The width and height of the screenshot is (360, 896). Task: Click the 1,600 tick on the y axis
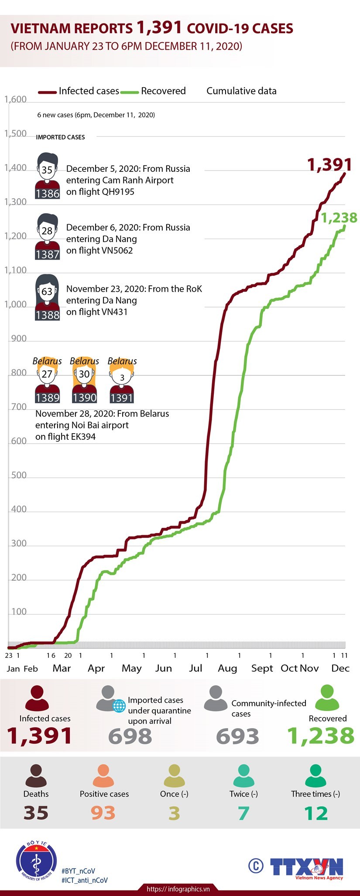pyautogui.click(x=16, y=99)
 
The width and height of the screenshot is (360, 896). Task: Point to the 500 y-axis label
pyautogui.click(x=19, y=475)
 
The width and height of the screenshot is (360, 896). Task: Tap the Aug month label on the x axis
pyautogui.click(x=227, y=668)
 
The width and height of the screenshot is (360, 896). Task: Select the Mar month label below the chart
pyautogui.click(x=62, y=668)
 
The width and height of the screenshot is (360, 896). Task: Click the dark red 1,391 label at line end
pyautogui.click(x=329, y=164)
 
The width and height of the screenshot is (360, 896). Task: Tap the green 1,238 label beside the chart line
pyautogui.click(x=339, y=217)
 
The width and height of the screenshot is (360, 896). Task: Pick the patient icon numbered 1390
pyautogui.click(x=84, y=380)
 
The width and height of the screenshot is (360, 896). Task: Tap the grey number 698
pyautogui.click(x=130, y=736)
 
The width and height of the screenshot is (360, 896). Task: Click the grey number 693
pyautogui.click(x=238, y=736)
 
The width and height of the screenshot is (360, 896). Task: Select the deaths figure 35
pyautogui.click(x=36, y=813)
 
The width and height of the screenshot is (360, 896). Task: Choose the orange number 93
pyautogui.click(x=103, y=813)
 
